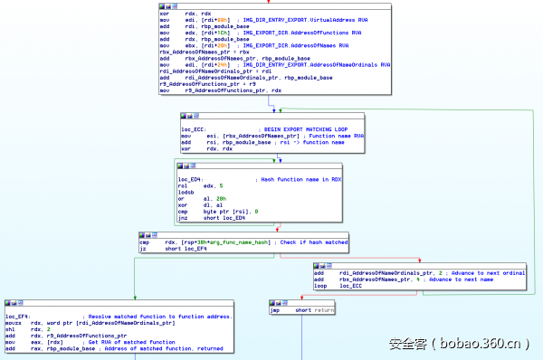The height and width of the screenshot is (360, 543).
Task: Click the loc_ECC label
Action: coord(194,129)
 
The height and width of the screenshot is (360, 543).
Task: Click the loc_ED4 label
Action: coord(190,180)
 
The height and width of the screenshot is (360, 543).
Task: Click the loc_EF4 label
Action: coord(17,316)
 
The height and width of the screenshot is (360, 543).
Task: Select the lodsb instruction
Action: coord(186,193)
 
